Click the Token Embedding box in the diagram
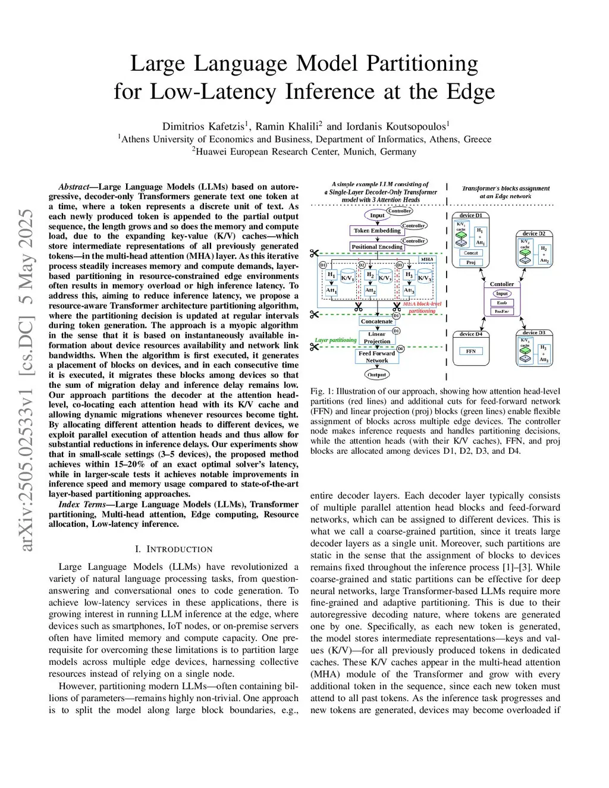click(x=377, y=231)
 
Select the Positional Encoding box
click(x=377, y=247)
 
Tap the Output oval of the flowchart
click(x=376, y=375)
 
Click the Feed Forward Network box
click(x=376, y=357)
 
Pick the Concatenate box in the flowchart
click(x=376, y=321)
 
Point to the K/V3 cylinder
click(x=424, y=278)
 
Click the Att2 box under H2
click(x=370, y=291)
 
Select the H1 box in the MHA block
click(x=331, y=275)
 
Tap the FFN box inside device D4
click(x=471, y=351)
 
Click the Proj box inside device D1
click(x=470, y=262)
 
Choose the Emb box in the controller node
click(x=502, y=303)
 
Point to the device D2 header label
click(x=533, y=234)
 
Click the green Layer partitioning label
click(x=335, y=340)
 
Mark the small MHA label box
click(x=427, y=259)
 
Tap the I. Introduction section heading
click(x=174, y=549)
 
